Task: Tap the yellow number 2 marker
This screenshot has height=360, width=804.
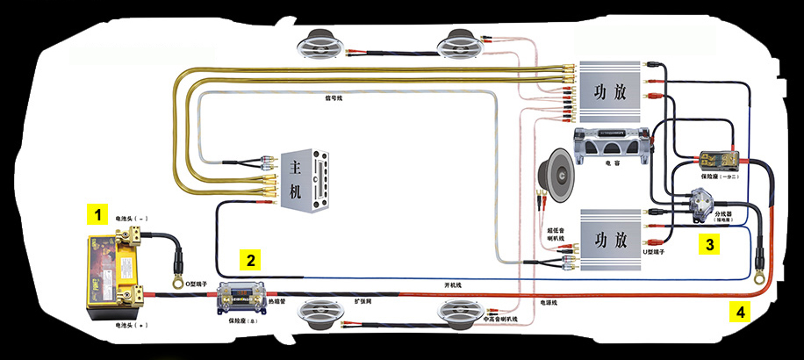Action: pos(251,260)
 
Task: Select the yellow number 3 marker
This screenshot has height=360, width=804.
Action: pos(710,244)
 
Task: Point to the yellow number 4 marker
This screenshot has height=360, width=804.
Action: pos(741,311)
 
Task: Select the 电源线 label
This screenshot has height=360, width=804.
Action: pos(549,302)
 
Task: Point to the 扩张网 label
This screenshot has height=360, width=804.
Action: pos(364,299)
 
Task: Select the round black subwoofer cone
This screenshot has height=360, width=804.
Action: pos(559,171)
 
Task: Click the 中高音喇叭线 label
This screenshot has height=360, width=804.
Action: pos(503,319)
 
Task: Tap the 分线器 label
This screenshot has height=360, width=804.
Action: pos(724,213)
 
